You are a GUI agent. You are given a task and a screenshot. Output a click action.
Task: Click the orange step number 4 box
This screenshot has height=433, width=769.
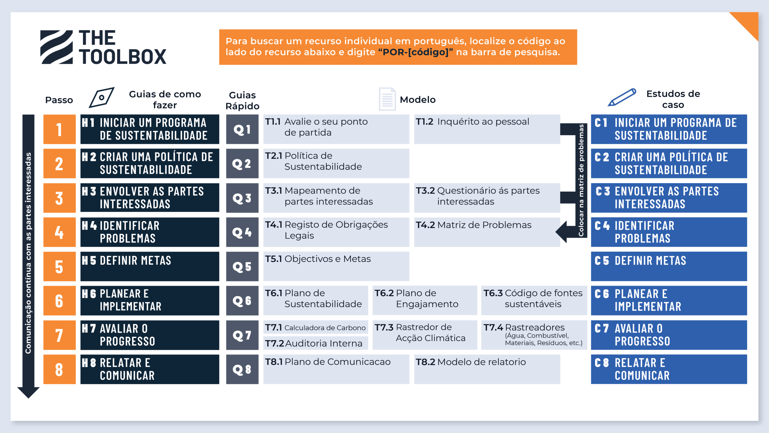click(x=59, y=232)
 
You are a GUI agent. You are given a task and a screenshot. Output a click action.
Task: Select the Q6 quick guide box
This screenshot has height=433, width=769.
click(x=242, y=301)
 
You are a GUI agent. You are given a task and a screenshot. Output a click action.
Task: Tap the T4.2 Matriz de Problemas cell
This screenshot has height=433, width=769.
click(x=487, y=232)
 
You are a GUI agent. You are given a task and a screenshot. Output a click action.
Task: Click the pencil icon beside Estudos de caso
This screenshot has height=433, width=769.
click(x=622, y=97)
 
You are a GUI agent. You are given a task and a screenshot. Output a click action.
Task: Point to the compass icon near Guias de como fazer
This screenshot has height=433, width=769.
click(x=102, y=97)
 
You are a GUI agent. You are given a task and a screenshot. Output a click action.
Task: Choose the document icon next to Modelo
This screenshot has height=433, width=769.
click(x=387, y=99)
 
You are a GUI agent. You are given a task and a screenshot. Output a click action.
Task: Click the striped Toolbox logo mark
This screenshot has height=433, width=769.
click(x=56, y=47)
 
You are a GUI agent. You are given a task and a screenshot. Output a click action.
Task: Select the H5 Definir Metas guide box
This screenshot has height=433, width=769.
click(x=150, y=266)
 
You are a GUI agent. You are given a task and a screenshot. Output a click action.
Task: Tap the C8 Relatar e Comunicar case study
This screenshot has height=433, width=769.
click(x=669, y=369)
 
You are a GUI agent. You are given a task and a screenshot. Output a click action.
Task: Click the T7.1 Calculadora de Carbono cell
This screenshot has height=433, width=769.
click(x=315, y=327)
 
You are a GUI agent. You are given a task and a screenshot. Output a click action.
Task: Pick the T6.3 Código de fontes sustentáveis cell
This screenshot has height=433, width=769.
click(x=534, y=301)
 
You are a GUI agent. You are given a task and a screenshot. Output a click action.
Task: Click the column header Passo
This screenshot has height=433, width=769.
click(x=59, y=100)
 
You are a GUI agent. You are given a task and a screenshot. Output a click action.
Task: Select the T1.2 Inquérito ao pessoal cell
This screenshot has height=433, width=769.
click(x=487, y=129)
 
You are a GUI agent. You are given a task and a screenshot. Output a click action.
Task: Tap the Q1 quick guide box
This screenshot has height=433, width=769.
click(x=242, y=129)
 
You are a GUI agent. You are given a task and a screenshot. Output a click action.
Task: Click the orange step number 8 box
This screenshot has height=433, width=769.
click(x=59, y=369)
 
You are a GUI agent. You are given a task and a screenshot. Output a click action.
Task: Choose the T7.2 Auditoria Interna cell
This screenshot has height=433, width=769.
click(x=315, y=343)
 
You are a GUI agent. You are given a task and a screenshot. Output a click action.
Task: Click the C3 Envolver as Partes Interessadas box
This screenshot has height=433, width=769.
click(x=669, y=198)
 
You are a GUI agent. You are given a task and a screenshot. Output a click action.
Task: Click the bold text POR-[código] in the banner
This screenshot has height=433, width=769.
click(x=415, y=52)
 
